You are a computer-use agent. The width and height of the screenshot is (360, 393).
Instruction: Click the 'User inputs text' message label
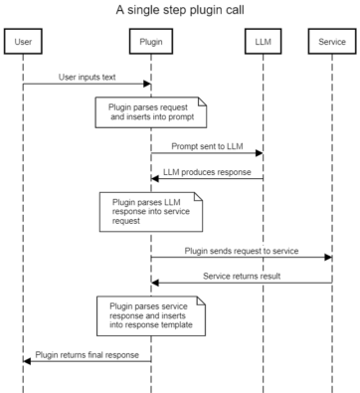86,75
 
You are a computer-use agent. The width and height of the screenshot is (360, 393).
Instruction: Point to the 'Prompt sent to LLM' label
207,144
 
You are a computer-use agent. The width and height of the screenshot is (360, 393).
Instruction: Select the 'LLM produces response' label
207,169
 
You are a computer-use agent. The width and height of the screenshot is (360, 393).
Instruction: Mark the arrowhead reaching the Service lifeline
328,258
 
